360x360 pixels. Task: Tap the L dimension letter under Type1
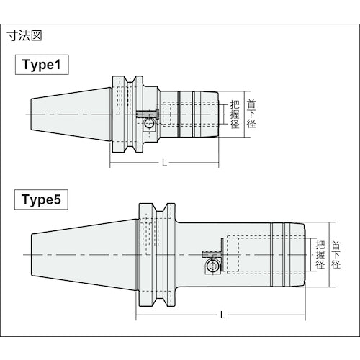point(164,163)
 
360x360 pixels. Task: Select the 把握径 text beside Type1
point(234,114)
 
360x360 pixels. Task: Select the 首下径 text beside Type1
point(251,113)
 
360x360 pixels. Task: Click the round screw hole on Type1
point(148,124)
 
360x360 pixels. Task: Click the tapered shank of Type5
point(79,253)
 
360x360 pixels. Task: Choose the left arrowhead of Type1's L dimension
point(112,163)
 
